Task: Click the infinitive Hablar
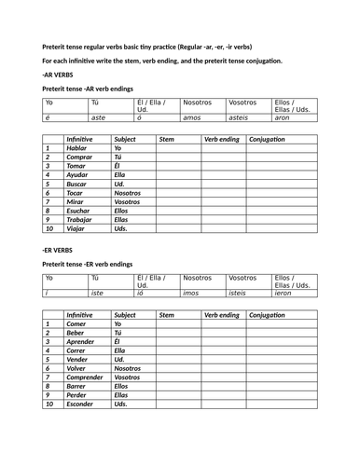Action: [76, 148]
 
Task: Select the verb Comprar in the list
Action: [79, 157]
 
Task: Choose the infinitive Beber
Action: [76, 332]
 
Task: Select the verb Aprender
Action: [81, 341]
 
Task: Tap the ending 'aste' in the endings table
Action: [99, 118]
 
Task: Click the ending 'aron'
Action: [283, 118]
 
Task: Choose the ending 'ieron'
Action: [284, 292]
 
